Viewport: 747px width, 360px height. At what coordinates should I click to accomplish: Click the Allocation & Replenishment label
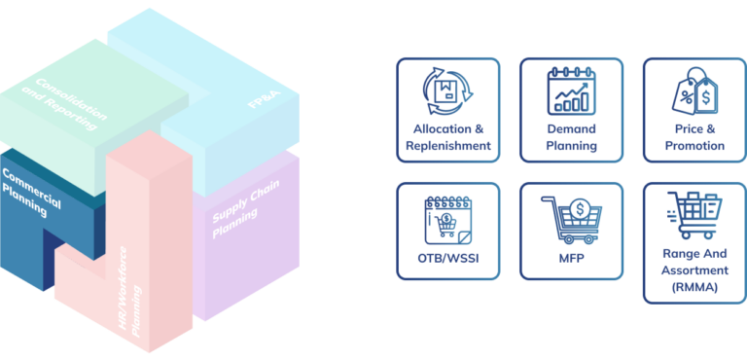tap(447, 137)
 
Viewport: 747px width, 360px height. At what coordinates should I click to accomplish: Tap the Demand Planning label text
tap(571, 137)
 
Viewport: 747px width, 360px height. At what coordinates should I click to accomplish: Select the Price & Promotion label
tap(694, 137)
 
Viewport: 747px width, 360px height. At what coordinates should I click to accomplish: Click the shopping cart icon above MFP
tap(571, 219)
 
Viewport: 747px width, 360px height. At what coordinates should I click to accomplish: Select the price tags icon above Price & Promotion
tap(694, 94)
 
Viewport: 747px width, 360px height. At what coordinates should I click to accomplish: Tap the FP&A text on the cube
tap(259, 101)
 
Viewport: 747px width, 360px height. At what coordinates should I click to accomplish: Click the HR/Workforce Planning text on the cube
tap(132, 301)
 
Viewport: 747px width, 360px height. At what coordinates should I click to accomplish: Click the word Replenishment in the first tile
tap(447, 146)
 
